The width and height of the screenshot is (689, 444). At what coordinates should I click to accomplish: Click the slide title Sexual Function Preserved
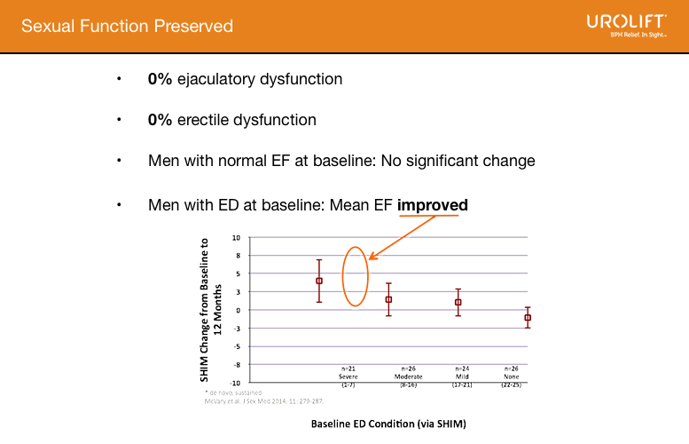pyautogui.click(x=127, y=26)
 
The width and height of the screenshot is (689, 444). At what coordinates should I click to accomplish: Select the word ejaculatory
pyautogui.click(x=221, y=79)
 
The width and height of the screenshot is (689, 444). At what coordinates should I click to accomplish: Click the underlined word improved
pyautogui.click(x=432, y=205)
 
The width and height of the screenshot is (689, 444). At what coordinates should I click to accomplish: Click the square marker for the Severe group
pyautogui.click(x=319, y=281)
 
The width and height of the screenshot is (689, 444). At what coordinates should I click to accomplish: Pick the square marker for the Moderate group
pyautogui.click(x=388, y=299)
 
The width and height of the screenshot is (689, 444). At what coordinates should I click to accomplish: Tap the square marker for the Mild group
pyautogui.click(x=458, y=302)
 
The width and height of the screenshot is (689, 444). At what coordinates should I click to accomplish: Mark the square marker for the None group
pyautogui.click(x=528, y=317)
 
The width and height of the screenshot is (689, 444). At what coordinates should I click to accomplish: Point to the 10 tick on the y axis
pyautogui.click(x=237, y=238)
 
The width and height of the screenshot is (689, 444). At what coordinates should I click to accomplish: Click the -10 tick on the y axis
pyautogui.click(x=235, y=382)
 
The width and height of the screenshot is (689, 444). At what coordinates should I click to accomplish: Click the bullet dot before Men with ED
pyautogui.click(x=118, y=205)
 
